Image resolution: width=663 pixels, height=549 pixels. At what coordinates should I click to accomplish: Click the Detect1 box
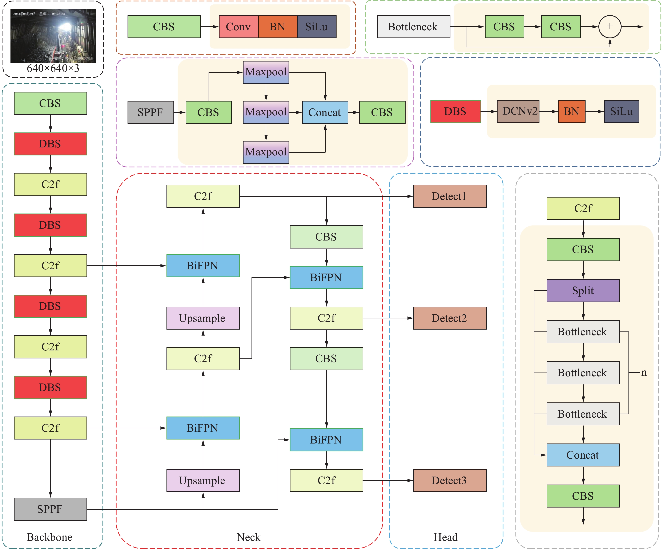click(x=450, y=196)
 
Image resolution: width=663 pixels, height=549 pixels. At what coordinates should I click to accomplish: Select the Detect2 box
click(x=450, y=318)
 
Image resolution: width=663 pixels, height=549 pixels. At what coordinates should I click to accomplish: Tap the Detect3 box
click(x=450, y=481)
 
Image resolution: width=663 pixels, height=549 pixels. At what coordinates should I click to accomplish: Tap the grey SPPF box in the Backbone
click(x=50, y=509)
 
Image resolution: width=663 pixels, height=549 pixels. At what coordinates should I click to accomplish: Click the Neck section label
click(x=248, y=537)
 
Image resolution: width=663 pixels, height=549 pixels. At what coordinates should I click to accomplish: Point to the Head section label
click(x=445, y=537)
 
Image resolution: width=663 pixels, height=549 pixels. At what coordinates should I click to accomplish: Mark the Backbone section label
click(x=50, y=537)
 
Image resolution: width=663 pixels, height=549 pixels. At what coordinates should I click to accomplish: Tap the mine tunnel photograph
click(x=53, y=36)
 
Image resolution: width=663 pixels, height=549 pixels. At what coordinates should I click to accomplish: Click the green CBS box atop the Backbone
click(x=50, y=103)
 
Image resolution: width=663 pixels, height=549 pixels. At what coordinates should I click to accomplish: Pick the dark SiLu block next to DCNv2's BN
click(x=621, y=112)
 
